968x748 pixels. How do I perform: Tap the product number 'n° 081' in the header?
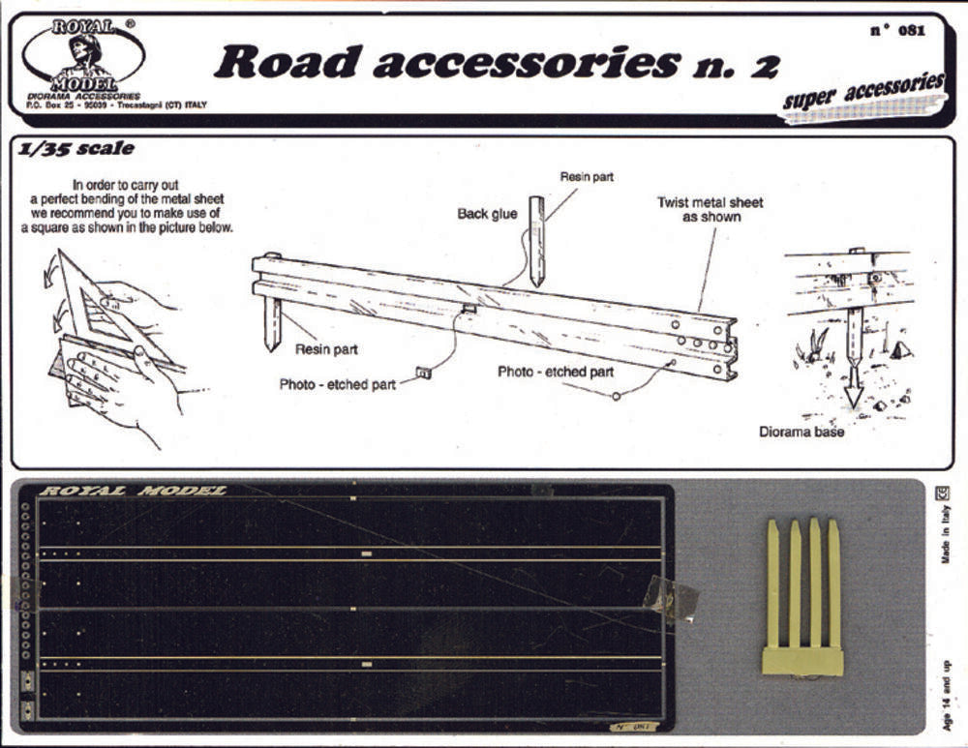pyautogui.click(x=897, y=30)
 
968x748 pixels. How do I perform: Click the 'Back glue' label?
pyautogui.click(x=487, y=214)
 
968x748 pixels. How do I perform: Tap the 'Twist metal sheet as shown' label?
pyautogui.click(x=710, y=209)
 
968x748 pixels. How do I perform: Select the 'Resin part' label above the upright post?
pyautogui.click(x=587, y=177)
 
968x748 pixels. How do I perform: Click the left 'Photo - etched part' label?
pyautogui.click(x=338, y=384)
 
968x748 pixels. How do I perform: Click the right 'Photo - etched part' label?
pyautogui.click(x=556, y=372)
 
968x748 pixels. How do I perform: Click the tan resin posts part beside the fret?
pyautogui.click(x=802, y=600)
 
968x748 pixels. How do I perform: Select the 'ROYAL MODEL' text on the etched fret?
pyautogui.click(x=132, y=491)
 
